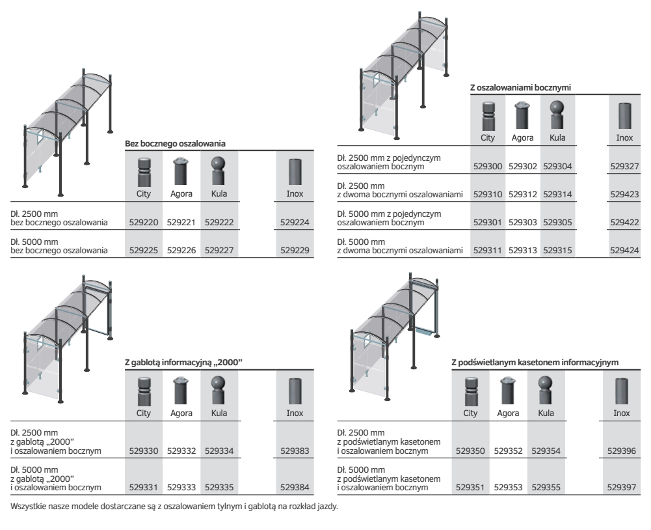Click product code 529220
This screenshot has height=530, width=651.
pyautogui.click(x=144, y=223)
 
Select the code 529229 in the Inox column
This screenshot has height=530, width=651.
pyautogui.click(x=295, y=250)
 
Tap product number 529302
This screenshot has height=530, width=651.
pyautogui.click(x=523, y=166)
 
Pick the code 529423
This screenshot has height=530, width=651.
pyautogui.click(x=624, y=194)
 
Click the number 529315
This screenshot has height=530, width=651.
pyautogui.click(x=557, y=250)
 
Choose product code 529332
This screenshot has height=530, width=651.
pyautogui.click(x=181, y=451)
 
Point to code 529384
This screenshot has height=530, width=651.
pyautogui.click(x=295, y=487)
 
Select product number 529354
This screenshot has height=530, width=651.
pyautogui.click(x=546, y=451)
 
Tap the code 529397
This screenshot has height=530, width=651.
pyautogui.click(x=622, y=487)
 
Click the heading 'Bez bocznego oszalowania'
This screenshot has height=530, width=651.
pyautogui.click(x=175, y=144)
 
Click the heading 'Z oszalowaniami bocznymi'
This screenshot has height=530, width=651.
pyautogui.click(x=521, y=88)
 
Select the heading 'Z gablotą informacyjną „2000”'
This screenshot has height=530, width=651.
pyautogui.click(x=183, y=363)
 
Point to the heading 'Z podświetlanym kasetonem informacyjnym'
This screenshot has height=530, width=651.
pyautogui.click(x=535, y=363)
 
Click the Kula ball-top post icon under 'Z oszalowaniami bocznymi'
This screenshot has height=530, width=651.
pyautogui.click(x=557, y=115)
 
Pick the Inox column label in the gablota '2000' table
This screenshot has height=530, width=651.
pyautogui.click(x=295, y=413)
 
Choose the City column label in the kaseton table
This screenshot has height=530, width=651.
pyautogui.click(x=470, y=413)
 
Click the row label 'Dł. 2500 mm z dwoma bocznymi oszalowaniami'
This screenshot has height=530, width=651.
pyautogui.click(x=400, y=190)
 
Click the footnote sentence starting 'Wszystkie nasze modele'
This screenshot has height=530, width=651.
pyautogui.click(x=174, y=507)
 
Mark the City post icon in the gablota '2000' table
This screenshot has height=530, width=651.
pyautogui.click(x=144, y=391)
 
